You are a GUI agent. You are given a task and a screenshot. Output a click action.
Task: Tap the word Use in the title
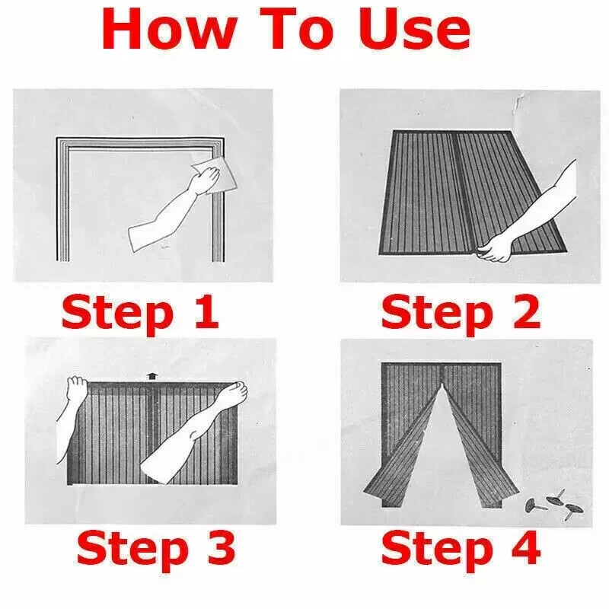coord(414,30)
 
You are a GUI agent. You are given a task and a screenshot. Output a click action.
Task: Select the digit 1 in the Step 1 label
coord(206,311)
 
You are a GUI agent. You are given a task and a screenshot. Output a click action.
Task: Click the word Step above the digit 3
coord(132,551)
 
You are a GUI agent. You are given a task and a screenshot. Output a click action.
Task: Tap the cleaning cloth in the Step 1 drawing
coord(215,175)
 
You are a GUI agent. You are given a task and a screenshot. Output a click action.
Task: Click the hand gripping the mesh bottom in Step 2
coord(494,249)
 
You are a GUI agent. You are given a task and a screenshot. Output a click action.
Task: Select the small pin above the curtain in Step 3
coord(151,377)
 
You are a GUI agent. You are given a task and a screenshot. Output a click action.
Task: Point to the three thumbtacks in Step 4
coord(554,505)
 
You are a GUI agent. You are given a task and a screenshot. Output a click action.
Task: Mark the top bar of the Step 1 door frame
coord(140,142)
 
